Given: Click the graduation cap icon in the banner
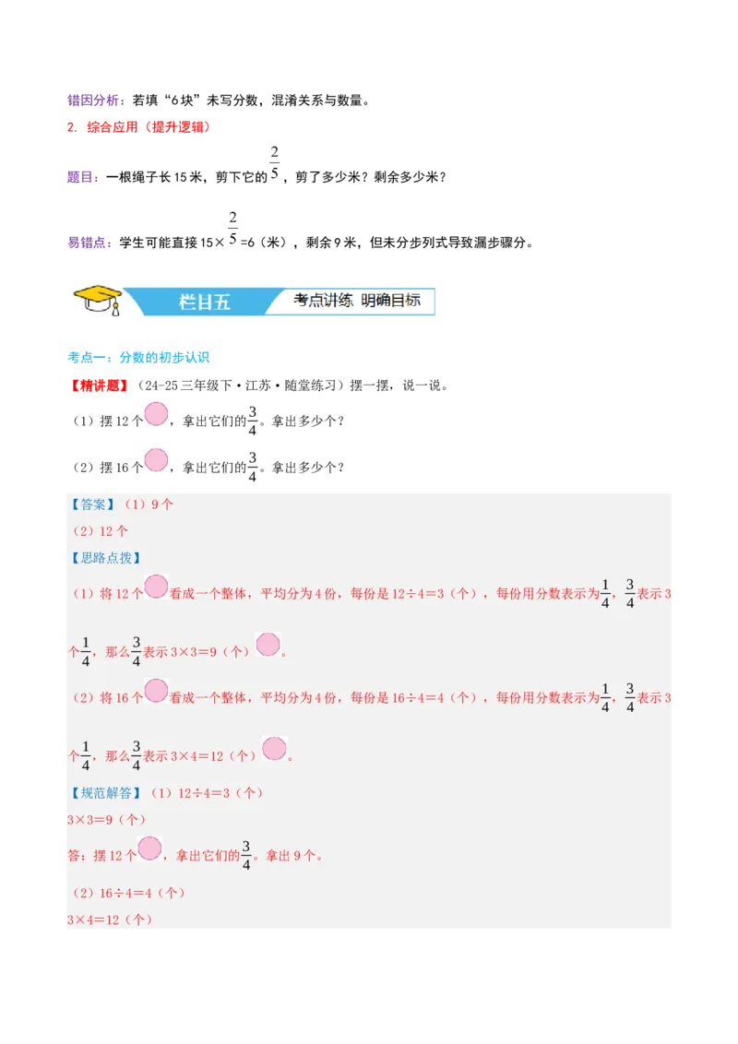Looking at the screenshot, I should (98, 299).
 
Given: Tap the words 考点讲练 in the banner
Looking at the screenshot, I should (324, 301).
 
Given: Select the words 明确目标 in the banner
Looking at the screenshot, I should (391, 301).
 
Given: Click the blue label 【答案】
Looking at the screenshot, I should (92, 504).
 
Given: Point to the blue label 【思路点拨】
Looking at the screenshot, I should (105, 558).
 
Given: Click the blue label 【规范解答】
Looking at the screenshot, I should (105, 792).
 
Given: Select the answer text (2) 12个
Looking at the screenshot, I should (101, 531).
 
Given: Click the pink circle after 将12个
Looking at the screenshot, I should (156, 587).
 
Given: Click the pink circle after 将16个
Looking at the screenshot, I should (156, 691).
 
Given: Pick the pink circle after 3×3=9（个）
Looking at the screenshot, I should (268, 645).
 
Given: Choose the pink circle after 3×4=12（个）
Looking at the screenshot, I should (274, 748).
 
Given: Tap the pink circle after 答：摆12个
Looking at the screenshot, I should (149, 848).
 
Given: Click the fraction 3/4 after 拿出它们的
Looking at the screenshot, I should (246, 855).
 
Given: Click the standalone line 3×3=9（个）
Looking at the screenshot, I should (107, 819).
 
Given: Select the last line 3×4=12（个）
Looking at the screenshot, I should (110, 919).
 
